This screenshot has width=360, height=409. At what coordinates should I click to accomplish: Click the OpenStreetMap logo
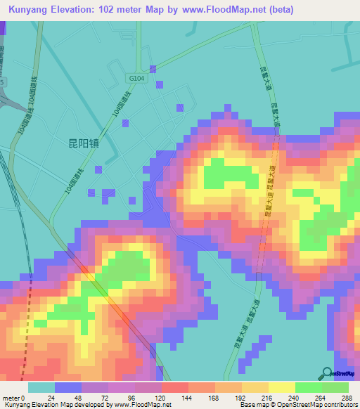[x=339, y=373]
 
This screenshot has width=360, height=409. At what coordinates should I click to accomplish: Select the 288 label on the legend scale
[x=345, y=397]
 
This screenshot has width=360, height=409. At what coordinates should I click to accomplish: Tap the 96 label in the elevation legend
[x=130, y=397]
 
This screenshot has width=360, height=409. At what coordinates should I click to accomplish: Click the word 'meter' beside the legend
[x=12, y=397]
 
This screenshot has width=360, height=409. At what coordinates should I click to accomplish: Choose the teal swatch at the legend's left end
[x=41, y=387]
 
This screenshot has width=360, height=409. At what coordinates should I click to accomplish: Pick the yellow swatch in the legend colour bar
[x=282, y=387]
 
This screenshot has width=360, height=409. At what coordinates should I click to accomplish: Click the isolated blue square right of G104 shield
[x=161, y=84]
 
